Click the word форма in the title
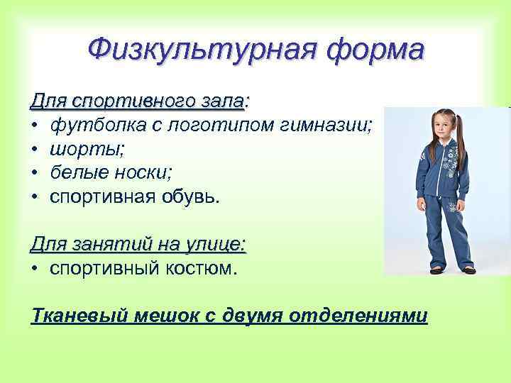pyautogui.click(x=372, y=50)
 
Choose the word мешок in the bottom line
pyautogui.click(x=151, y=315)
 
